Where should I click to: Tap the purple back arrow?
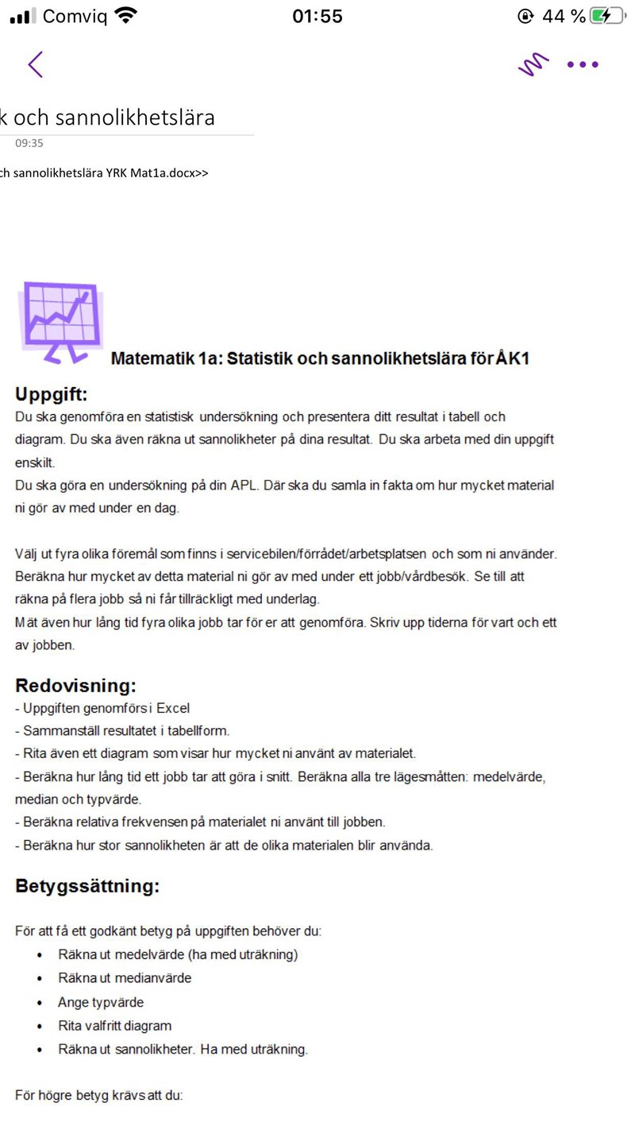35,64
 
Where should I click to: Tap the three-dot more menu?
583,64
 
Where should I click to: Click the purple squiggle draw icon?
533,64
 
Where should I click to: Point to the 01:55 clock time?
317,16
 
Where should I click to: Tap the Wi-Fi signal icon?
126,16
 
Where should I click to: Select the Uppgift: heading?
52,394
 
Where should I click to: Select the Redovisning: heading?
76,686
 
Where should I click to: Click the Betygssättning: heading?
87,886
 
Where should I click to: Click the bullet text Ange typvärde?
101,1002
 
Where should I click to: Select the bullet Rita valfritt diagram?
114,1026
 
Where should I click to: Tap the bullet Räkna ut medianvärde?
125,978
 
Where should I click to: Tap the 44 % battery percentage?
564,16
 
